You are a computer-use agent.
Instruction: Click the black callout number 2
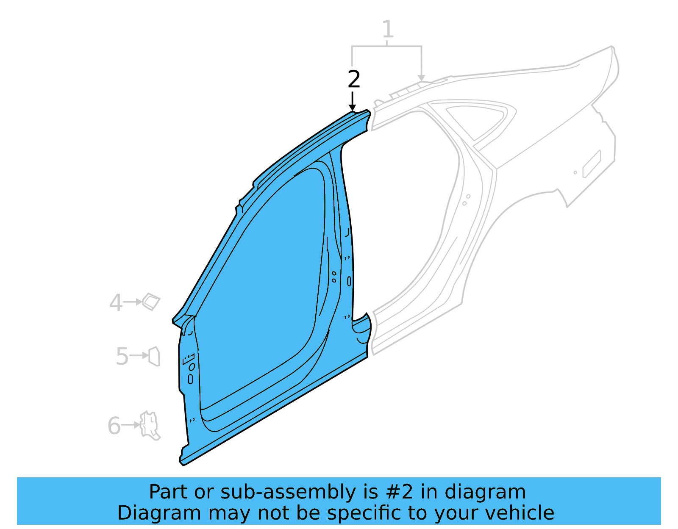pyautogui.click(x=354, y=79)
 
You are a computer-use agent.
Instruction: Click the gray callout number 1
pyautogui.click(x=388, y=29)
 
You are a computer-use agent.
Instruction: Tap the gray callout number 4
pyautogui.click(x=116, y=303)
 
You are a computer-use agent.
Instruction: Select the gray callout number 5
pyautogui.click(x=122, y=356)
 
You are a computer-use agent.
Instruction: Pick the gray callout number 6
pyautogui.click(x=114, y=426)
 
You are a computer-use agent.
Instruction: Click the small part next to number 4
pyautogui.click(x=151, y=302)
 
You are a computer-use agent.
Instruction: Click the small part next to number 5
pyautogui.click(x=154, y=356)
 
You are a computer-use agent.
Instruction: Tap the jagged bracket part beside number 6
pyautogui.click(x=150, y=425)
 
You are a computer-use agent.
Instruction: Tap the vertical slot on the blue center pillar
pyautogui.click(x=349, y=281)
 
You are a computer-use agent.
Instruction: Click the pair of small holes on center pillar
pyautogui.click(x=334, y=277)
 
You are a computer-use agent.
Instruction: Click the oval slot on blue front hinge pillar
pyautogui.click(x=190, y=379)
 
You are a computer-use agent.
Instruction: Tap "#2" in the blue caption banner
pyautogui.click(x=399, y=492)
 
